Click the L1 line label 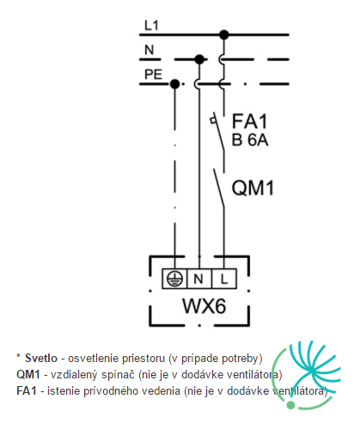click(x=151, y=26)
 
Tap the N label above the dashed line click(x=149, y=50)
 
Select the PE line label click(x=153, y=75)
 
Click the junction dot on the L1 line click(x=224, y=34)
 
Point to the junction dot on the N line click(x=199, y=59)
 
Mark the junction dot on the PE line click(x=174, y=84)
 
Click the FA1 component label click(x=249, y=121)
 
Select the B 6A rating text click(x=250, y=140)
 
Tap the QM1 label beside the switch click(x=253, y=188)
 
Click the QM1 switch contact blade click(x=219, y=187)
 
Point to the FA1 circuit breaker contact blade click(x=218, y=132)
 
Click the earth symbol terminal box click(x=174, y=279)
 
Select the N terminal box click(x=199, y=279)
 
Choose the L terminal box click(x=224, y=279)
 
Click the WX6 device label click(x=204, y=306)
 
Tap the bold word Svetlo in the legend click(x=41, y=358)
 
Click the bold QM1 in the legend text click(x=28, y=375)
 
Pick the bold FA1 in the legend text click(x=27, y=391)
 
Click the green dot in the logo click(x=290, y=405)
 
